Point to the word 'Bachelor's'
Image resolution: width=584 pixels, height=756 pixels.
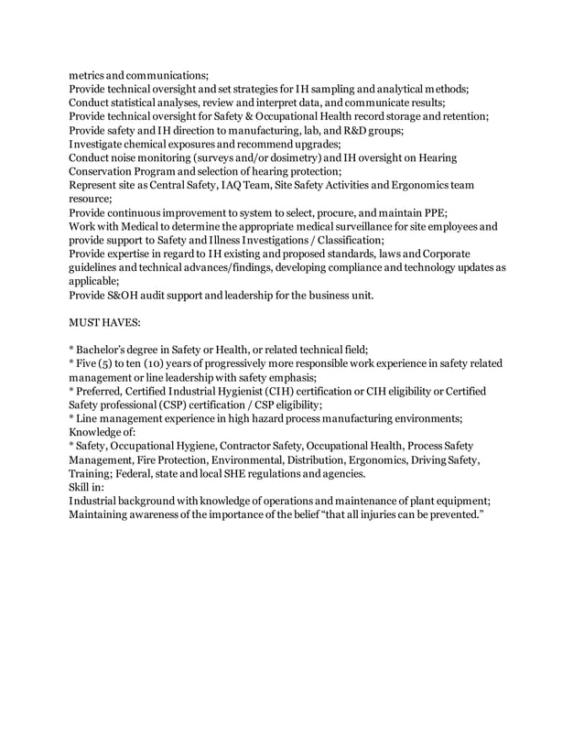pyautogui.click(x=108, y=349)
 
